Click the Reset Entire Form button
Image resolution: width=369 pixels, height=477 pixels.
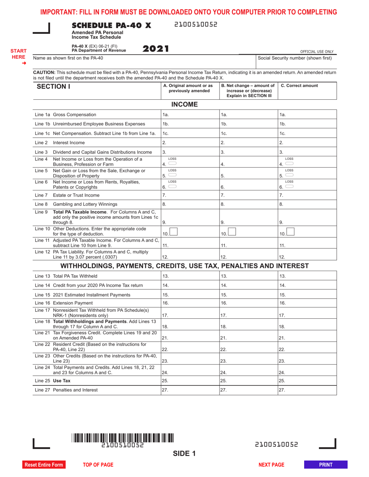pyautogui.click(x=44, y=465)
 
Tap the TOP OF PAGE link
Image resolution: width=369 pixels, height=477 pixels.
pyautogui.click(x=98, y=465)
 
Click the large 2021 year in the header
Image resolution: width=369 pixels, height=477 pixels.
pyautogui.click(x=156, y=49)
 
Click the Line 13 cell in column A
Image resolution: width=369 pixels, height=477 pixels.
pyautogui.click(x=190, y=276)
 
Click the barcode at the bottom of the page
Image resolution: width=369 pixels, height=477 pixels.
pyautogui.click(x=122, y=439)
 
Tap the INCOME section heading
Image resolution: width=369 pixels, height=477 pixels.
pyautogui.click(x=185, y=105)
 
